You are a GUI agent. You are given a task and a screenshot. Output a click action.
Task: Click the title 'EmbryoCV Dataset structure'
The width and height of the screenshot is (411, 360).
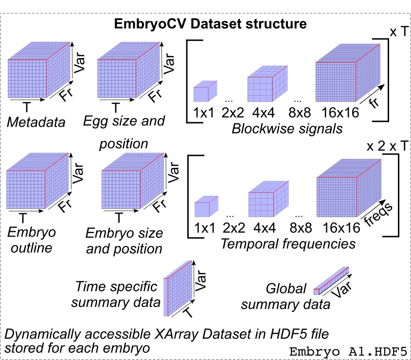[x=210, y=24]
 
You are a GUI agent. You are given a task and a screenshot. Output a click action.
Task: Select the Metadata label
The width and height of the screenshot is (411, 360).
[x=36, y=122]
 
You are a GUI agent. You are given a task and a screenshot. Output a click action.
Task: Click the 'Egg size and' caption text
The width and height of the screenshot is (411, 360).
[x=124, y=120]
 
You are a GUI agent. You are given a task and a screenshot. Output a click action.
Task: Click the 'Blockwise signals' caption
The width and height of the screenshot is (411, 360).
[x=287, y=129]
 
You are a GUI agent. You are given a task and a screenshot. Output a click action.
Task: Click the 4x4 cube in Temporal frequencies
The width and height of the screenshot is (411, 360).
[x=266, y=204]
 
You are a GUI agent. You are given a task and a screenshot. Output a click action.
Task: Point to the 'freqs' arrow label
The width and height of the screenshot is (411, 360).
[x=379, y=214]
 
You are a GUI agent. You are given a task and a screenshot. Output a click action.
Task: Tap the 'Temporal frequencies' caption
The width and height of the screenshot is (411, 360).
[x=288, y=243]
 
